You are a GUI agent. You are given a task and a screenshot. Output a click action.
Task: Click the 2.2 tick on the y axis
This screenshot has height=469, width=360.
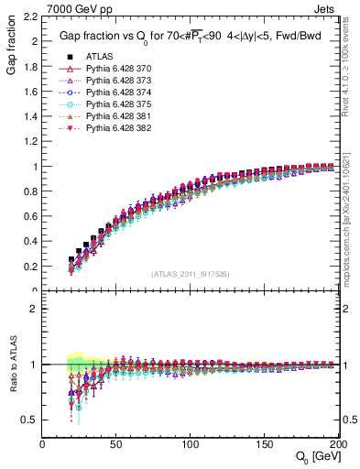coord(32,16)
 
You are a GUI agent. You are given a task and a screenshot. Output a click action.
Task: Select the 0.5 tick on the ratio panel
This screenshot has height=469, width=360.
coord(32,420)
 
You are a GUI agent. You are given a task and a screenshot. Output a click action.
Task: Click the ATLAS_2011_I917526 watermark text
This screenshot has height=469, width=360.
coord(190,274)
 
